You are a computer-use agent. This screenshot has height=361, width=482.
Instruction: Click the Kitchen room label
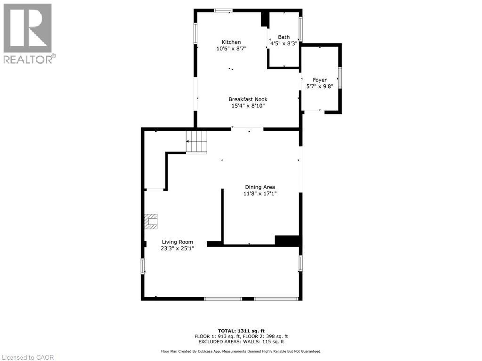(x=231, y=42)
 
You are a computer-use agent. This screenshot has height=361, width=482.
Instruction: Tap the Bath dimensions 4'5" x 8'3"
(x=284, y=44)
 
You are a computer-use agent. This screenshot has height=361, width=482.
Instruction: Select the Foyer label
(x=320, y=80)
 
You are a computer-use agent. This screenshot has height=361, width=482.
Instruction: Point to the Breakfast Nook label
(x=248, y=99)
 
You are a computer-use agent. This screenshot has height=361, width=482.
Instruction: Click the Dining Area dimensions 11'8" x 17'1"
(x=260, y=194)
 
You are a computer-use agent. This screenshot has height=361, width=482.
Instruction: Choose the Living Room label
(x=177, y=242)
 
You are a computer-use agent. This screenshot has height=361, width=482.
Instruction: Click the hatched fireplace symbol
(x=151, y=222)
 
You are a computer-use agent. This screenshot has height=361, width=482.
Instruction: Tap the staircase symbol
(x=197, y=142)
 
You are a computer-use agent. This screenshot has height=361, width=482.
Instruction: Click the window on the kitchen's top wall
(x=223, y=11)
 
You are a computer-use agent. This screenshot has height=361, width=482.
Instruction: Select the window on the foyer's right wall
(x=340, y=78)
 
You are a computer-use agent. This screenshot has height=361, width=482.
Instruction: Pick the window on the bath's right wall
(x=300, y=29)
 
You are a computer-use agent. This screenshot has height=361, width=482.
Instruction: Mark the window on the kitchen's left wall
(x=195, y=33)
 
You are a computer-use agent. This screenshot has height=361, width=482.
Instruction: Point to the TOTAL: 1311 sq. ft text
(x=241, y=331)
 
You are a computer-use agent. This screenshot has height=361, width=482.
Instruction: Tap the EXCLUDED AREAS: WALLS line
(x=241, y=342)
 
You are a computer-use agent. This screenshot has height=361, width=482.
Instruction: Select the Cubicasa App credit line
(x=241, y=351)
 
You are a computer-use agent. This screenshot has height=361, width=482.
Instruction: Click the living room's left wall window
(x=143, y=266)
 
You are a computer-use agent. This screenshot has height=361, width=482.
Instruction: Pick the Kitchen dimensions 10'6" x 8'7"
(x=231, y=49)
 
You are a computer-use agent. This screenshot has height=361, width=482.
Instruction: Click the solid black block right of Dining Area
(x=287, y=240)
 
